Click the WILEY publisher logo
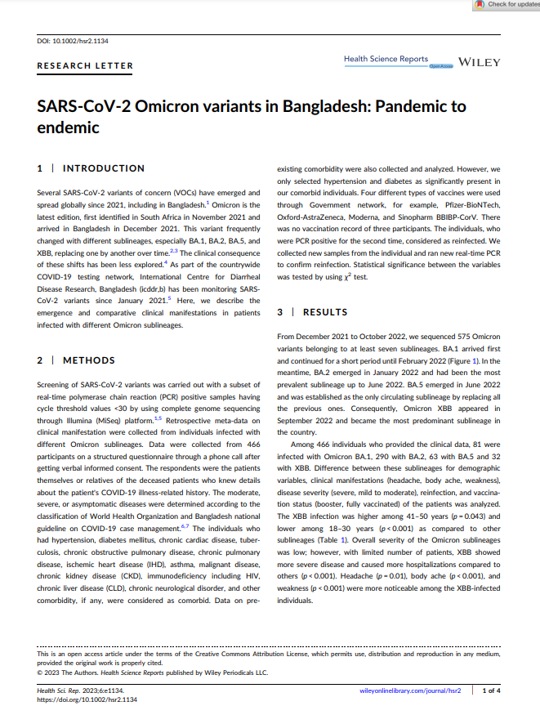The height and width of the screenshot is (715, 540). point(480,62)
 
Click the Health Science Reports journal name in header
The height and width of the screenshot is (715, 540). point(386,59)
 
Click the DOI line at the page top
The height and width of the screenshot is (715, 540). point(73,40)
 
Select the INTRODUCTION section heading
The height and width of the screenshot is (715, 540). point(104,168)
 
